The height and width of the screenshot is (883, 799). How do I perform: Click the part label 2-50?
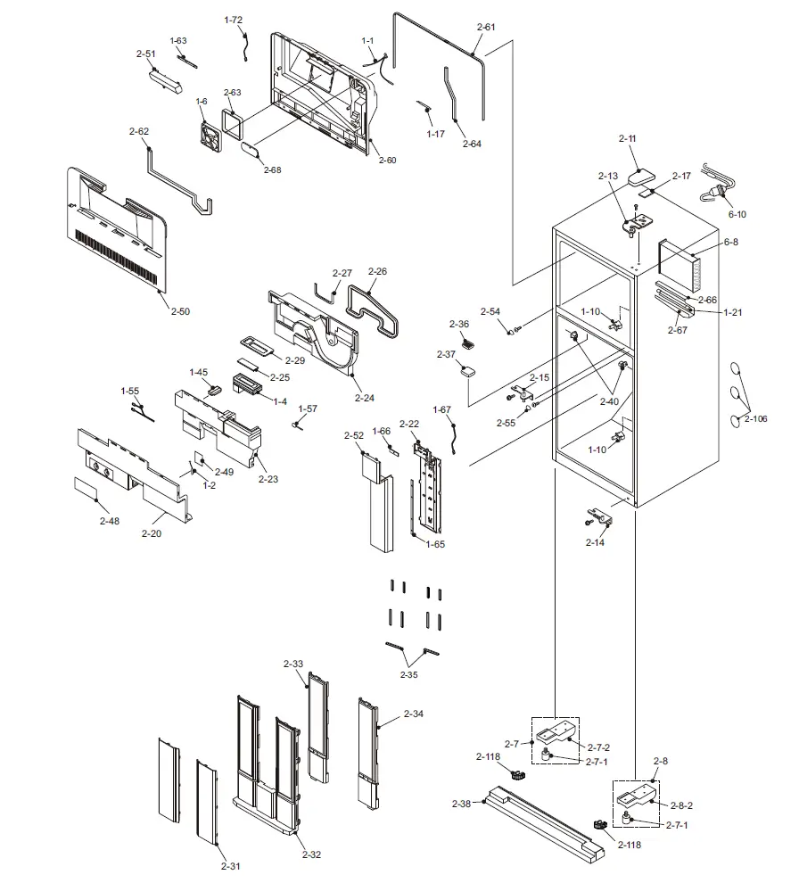click(180, 311)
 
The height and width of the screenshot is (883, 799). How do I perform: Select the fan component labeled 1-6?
click(209, 136)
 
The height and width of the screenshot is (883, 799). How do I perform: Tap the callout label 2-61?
click(485, 28)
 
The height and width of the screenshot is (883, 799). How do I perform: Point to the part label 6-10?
click(737, 214)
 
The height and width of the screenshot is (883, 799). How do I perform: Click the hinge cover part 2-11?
click(643, 176)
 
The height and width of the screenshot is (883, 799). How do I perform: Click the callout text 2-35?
click(408, 675)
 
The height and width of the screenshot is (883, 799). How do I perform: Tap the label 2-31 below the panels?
click(230, 866)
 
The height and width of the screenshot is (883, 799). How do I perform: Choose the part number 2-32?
click(311, 854)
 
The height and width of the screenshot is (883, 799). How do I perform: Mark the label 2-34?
click(413, 714)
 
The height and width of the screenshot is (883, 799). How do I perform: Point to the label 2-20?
click(152, 533)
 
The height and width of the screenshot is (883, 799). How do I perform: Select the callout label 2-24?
click(364, 398)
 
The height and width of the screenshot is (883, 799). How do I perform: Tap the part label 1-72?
click(233, 20)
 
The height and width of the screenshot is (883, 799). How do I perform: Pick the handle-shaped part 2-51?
click(166, 82)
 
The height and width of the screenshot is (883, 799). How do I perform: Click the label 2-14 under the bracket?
click(595, 542)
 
